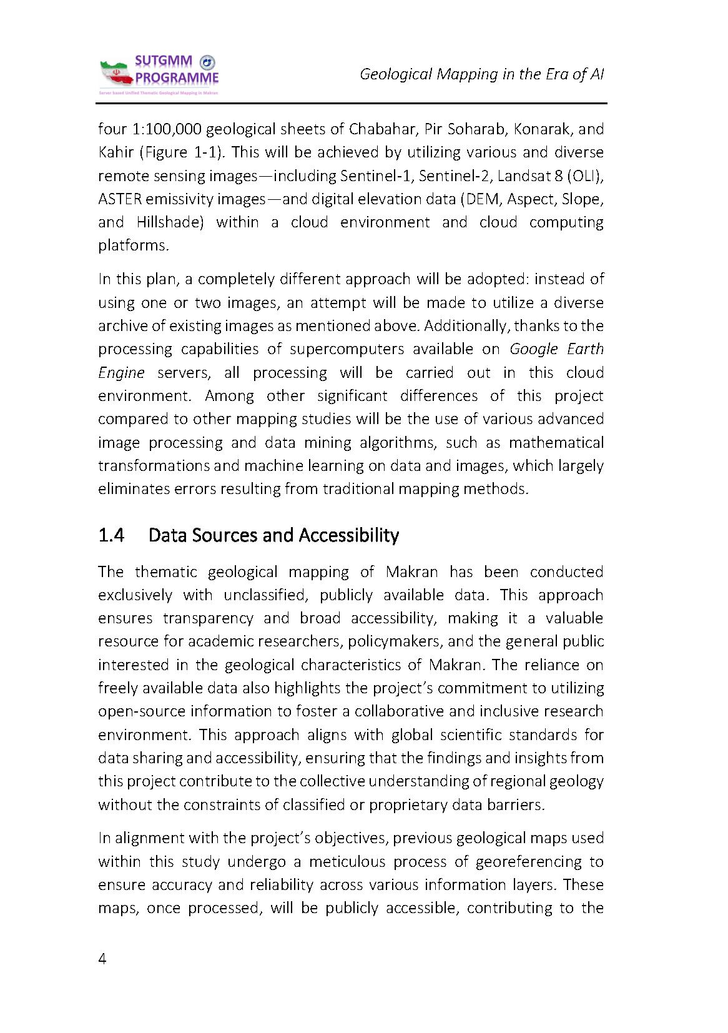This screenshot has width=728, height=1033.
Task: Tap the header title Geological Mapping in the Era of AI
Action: click(x=481, y=74)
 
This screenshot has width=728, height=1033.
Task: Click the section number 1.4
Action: click(x=112, y=535)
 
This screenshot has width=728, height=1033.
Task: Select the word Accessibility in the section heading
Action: click(x=348, y=535)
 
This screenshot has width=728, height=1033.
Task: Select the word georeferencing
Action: click(x=532, y=862)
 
